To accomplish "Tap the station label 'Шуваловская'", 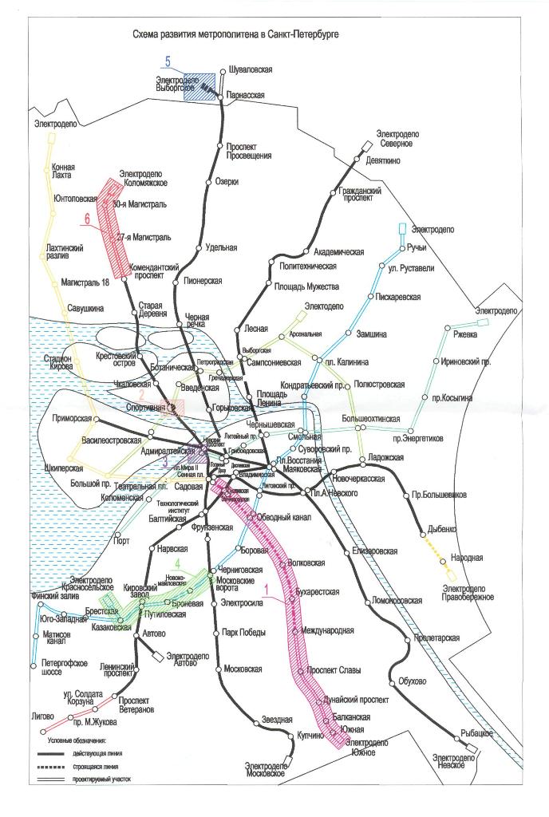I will point(250,70).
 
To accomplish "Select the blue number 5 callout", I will point(168,61).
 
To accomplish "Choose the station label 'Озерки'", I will point(227,182).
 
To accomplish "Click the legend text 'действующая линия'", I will point(98,752).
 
